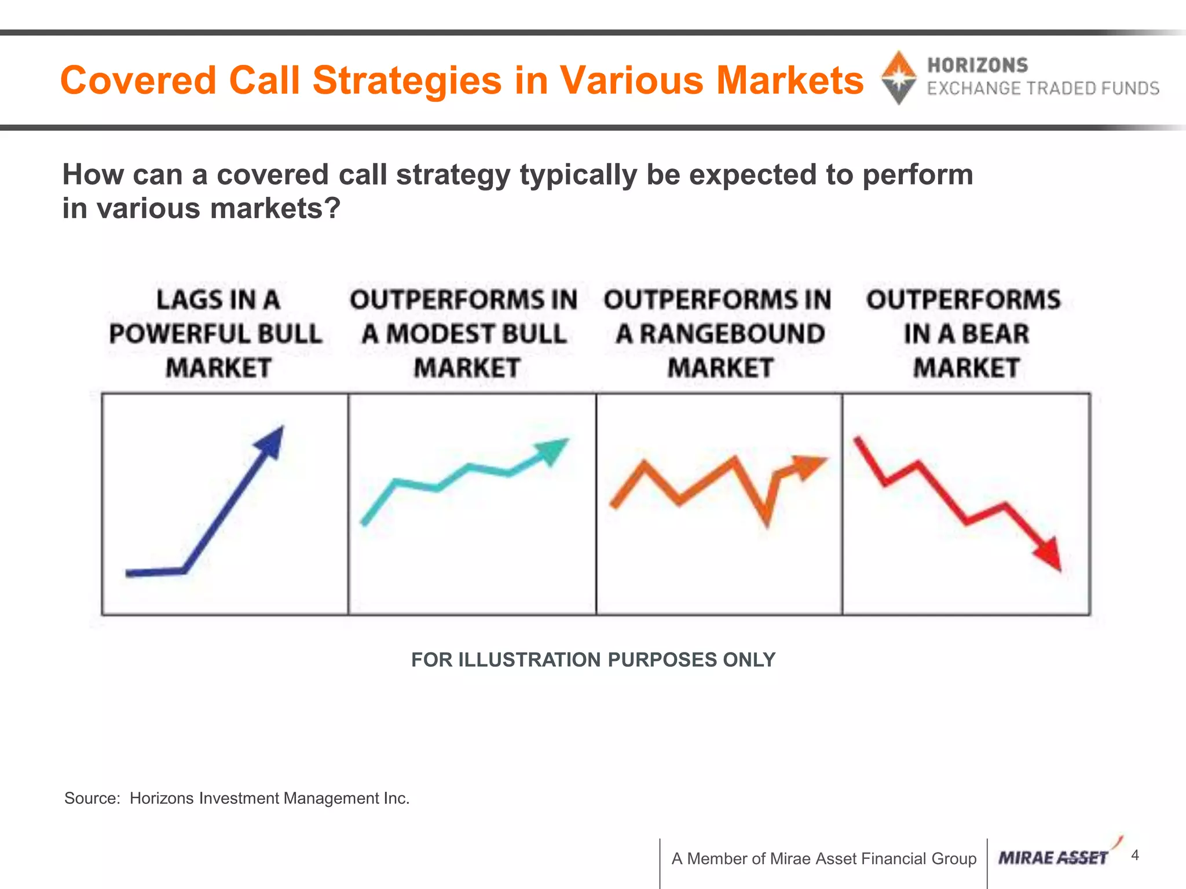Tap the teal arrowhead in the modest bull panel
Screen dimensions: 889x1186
click(551, 450)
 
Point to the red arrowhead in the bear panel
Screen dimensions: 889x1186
click(1049, 554)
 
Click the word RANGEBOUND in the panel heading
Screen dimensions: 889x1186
click(732, 334)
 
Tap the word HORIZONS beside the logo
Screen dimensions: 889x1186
click(978, 65)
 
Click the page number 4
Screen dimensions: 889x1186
click(1135, 855)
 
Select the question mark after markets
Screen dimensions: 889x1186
click(333, 208)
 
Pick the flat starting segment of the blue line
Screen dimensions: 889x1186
click(154, 572)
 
